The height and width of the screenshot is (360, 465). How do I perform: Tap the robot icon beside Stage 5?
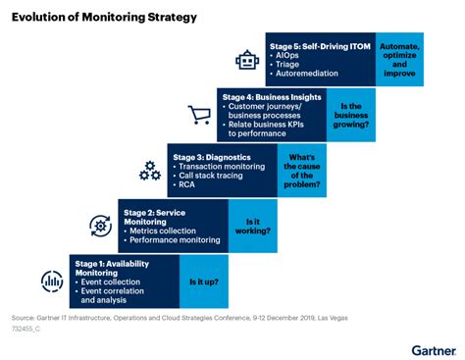point(245,61)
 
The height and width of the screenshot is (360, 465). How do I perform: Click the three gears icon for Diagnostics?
point(149,171)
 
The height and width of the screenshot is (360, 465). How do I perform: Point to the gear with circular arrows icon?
point(100,227)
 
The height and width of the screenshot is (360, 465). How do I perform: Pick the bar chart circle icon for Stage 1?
point(51,282)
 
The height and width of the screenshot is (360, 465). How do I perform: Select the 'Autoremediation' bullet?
point(307,73)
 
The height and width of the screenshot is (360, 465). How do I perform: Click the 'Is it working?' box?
point(252,227)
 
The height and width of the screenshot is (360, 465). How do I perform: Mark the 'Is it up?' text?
point(203,283)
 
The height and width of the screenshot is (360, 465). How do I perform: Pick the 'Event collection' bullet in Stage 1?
point(112,283)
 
